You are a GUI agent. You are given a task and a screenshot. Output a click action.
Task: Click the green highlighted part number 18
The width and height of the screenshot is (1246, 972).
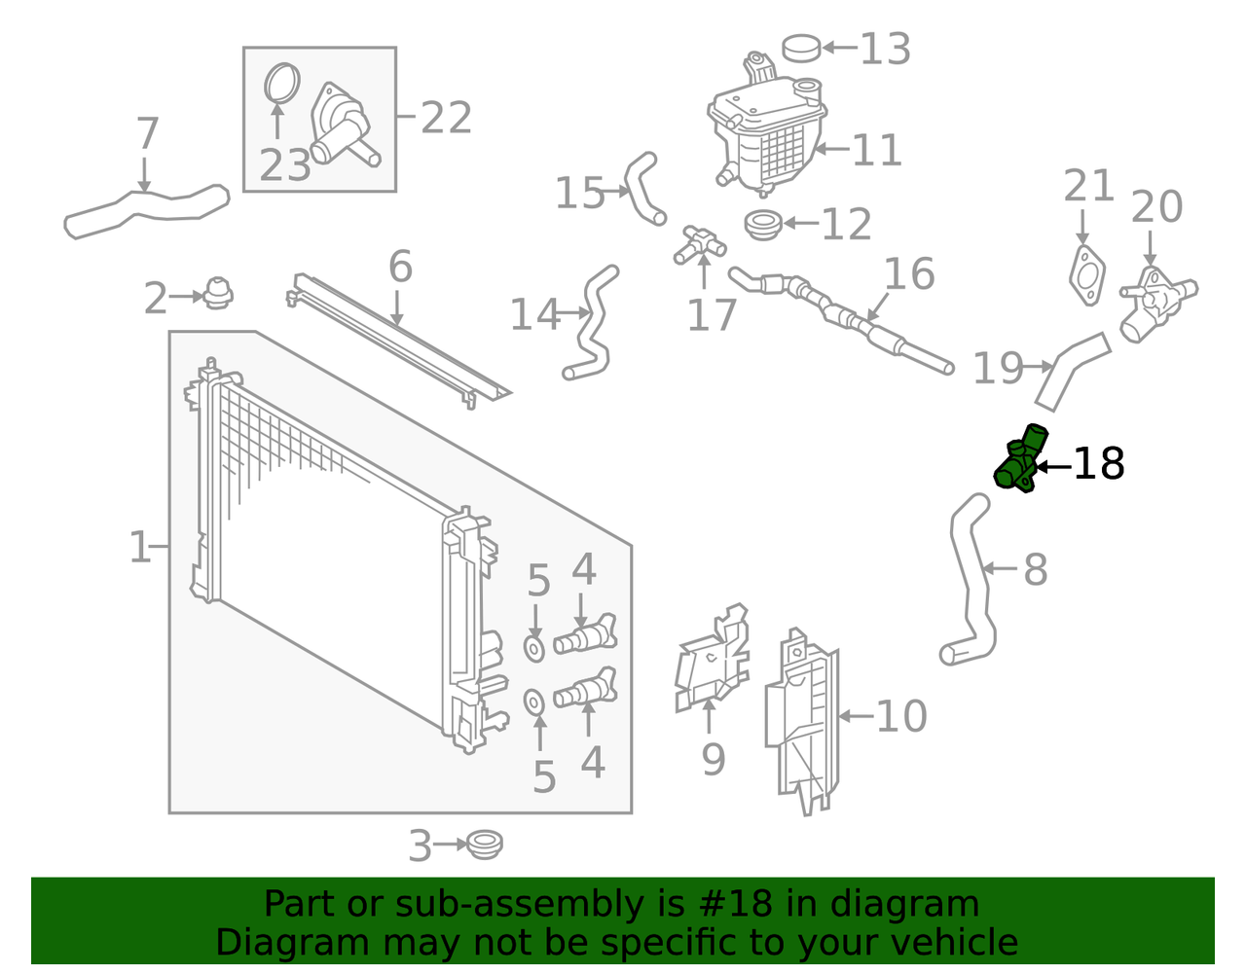(x=1019, y=460)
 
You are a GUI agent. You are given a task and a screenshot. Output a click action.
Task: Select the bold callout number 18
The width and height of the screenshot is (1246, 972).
(x=1099, y=465)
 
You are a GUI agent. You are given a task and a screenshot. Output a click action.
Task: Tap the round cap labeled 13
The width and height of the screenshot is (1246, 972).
(x=802, y=47)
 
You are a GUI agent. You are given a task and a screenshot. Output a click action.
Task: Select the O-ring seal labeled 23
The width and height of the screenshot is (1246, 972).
(x=282, y=83)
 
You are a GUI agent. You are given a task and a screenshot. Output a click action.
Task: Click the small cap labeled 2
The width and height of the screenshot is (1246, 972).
(x=217, y=292)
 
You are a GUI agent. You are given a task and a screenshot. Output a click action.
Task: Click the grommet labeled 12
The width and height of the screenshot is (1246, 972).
(x=762, y=224)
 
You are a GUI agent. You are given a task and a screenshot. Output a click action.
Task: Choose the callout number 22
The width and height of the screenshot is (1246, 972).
(x=447, y=119)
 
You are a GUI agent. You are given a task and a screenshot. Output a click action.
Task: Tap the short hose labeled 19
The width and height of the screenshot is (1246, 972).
(x=1071, y=370)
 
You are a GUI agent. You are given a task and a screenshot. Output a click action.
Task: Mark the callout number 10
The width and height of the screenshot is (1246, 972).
(x=901, y=717)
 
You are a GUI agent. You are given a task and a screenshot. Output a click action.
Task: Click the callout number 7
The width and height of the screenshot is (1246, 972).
(x=147, y=134)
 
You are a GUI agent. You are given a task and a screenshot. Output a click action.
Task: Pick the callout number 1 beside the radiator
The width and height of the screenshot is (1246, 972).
(x=140, y=548)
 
